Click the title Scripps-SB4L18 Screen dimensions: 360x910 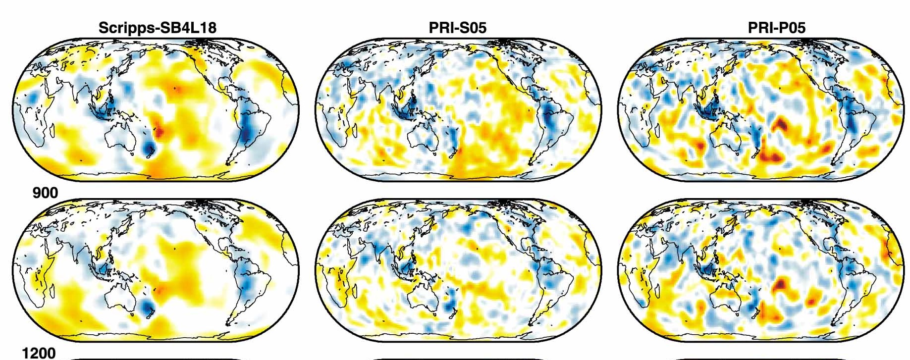[157, 28]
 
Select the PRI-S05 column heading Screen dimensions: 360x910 [457, 28]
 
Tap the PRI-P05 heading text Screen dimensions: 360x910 [776, 28]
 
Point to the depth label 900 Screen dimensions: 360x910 [45, 193]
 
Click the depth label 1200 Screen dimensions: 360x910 [39, 353]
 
